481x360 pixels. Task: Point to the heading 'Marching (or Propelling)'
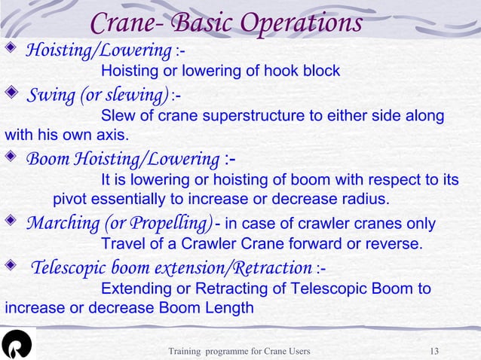(x=119, y=224)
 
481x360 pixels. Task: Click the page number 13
(x=434, y=351)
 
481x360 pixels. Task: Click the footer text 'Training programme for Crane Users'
(x=238, y=351)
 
